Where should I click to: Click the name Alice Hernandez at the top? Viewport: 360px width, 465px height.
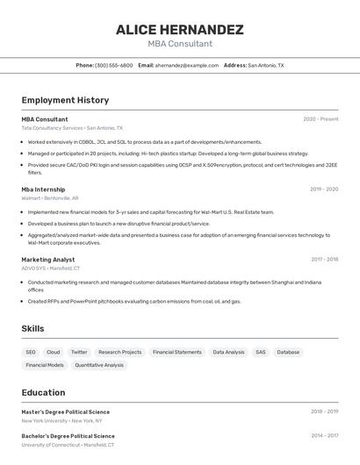pyautogui.click(x=179, y=30)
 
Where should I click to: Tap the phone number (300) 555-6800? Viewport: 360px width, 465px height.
pyautogui.click(x=114, y=65)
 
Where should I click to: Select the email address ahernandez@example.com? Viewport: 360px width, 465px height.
pyautogui.click(x=187, y=65)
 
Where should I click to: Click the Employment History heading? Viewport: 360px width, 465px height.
pyautogui.click(x=65, y=100)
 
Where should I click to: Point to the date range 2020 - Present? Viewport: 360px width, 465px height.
pyautogui.click(x=320, y=118)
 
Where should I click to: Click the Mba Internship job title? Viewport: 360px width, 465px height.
pyautogui.click(x=43, y=189)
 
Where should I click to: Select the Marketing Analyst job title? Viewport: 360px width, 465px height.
pyautogui.click(x=47, y=259)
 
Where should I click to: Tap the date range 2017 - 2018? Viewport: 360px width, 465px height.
pyautogui.click(x=324, y=259)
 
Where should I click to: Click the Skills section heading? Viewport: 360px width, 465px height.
pyautogui.click(x=32, y=328)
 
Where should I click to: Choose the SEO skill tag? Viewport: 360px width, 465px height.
pyautogui.click(x=31, y=352)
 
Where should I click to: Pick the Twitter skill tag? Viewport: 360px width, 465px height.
pyautogui.click(x=79, y=352)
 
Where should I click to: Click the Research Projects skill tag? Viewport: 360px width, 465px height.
pyautogui.click(x=119, y=352)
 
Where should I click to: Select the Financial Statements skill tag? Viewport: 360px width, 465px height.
pyautogui.click(x=176, y=352)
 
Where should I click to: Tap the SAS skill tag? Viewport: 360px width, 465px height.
pyautogui.click(x=261, y=352)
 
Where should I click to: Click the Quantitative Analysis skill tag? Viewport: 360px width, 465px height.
pyautogui.click(x=99, y=365)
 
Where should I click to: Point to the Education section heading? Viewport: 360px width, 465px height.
pyautogui.click(x=43, y=392)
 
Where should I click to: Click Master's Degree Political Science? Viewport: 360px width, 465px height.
pyautogui.click(x=66, y=411)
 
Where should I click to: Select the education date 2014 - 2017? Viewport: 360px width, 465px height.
pyautogui.click(x=324, y=435)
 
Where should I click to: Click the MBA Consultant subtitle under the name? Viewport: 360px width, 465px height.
pyautogui.click(x=179, y=44)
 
